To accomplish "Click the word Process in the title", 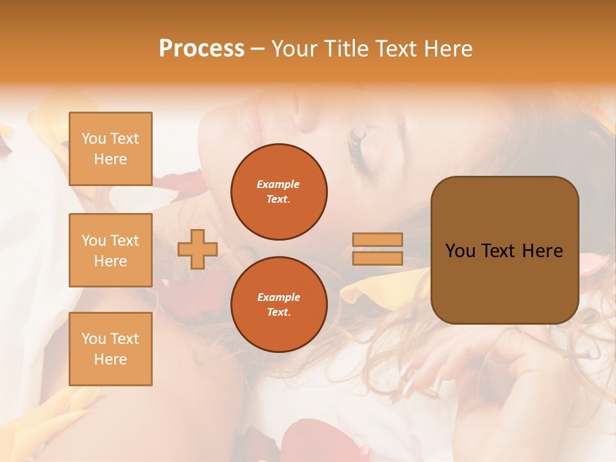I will [201, 49].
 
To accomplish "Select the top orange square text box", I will [110, 149].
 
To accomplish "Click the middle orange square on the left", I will [110, 250].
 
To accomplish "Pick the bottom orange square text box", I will [110, 349].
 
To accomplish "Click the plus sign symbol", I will [197, 249].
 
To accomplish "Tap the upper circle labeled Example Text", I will [278, 192].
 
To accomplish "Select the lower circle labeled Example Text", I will [278, 305].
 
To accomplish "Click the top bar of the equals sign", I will [377, 239].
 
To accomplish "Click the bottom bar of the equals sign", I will [377, 259].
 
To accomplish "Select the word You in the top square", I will [94, 139].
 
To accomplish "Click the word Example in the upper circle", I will [278, 184].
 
